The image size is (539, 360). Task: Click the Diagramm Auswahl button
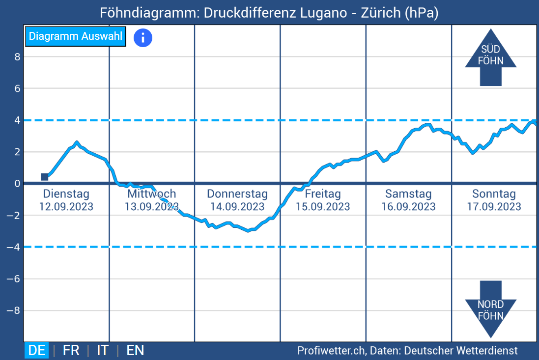(x=76, y=36)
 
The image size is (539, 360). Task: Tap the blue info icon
(x=143, y=37)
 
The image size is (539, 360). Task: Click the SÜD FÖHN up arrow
(x=490, y=57)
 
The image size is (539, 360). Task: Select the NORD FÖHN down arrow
(x=490, y=309)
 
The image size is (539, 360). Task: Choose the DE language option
(x=37, y=350)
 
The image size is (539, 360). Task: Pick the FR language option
(x=71, y=350)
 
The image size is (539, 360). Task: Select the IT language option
(x=103, y=350)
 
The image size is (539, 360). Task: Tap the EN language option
(x=135, y=350)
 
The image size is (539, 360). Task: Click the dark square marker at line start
(x=45, y=177)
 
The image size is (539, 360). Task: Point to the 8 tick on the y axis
(x=17, y=57)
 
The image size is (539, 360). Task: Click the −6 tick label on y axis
(x=14, y=279)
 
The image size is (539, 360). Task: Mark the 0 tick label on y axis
(x=17, y=184)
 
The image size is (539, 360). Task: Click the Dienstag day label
(x=66, y=194)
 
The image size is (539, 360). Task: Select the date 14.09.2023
(x=237, y=207)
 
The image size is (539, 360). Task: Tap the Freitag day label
(x=322, y=194)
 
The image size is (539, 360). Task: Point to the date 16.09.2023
(x=408, y=207)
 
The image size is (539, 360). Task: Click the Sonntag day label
(x=494, y=194)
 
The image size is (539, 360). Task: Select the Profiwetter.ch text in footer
(x=331, y=351)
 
